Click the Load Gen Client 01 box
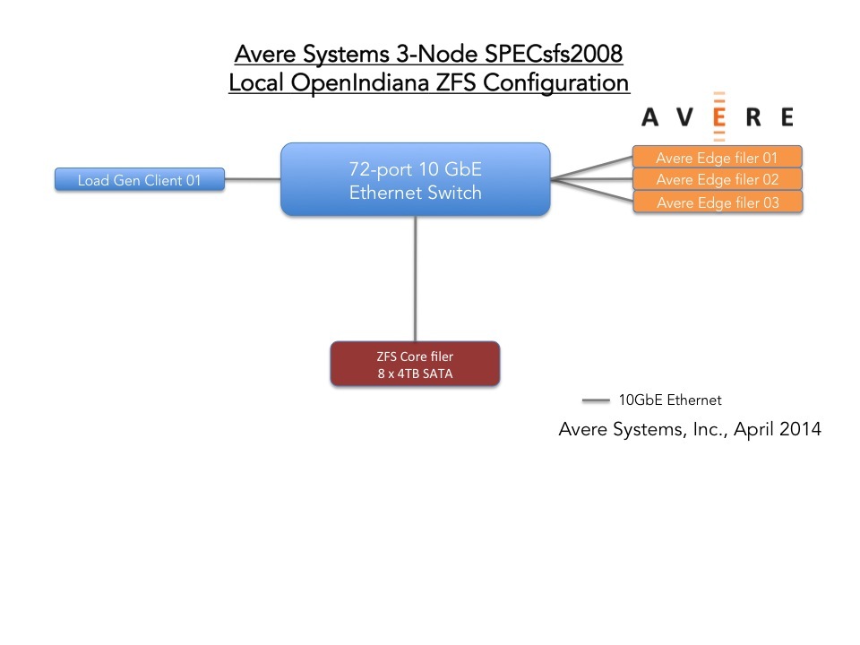coord(139,180)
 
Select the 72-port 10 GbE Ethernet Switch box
coord(416,180)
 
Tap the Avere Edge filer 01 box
coord(718,158)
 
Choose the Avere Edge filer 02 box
coord(718,180)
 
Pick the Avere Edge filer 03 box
coord(718,202)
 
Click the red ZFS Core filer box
coord(415,365)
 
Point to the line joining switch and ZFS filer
coord(416,278)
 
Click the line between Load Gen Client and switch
coord(253,180)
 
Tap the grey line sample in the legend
coord(596,400)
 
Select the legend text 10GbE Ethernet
coord(670,400)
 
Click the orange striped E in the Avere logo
coord(718,116)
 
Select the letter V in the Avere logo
coord(683,117)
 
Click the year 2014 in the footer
coord(801,429)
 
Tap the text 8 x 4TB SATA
coord(415,374)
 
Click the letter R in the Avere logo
coord(752,117)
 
